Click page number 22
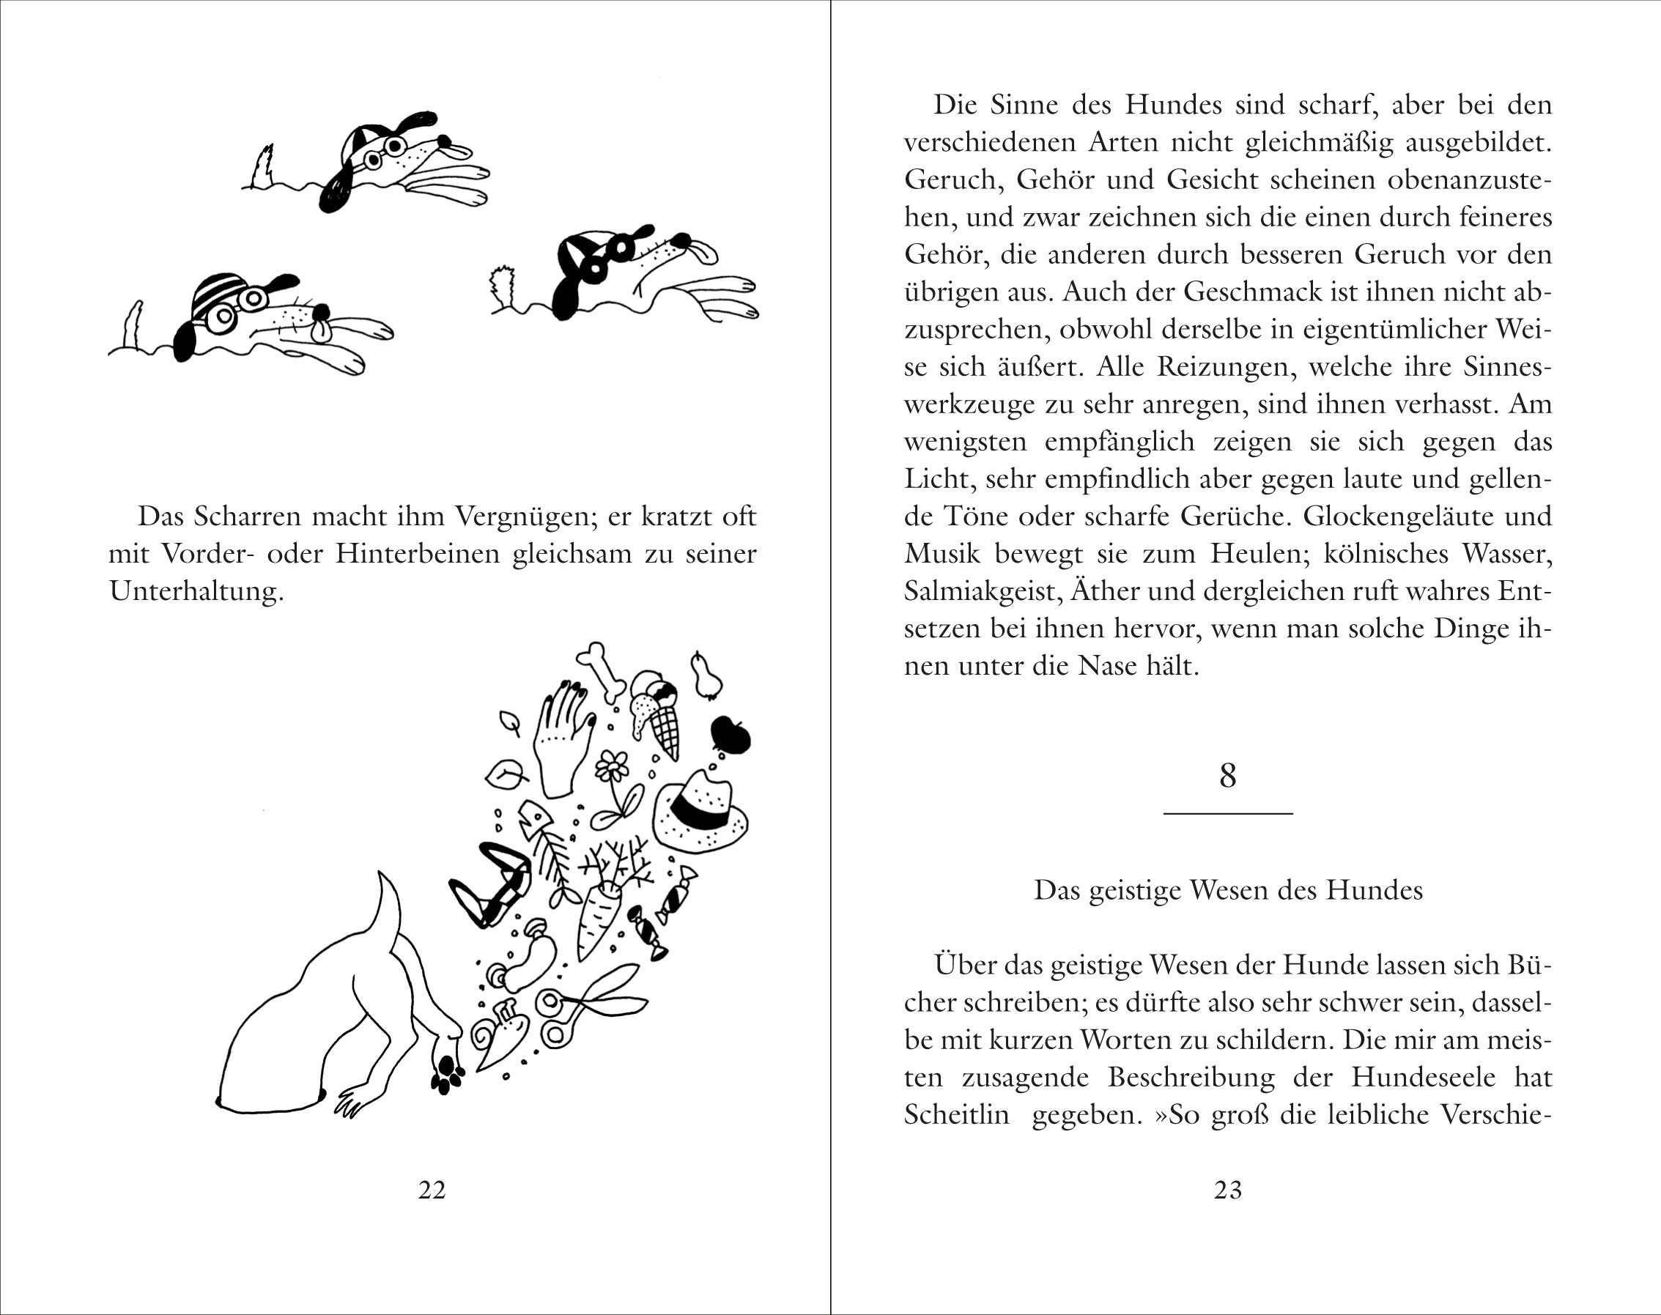click(432, 1190)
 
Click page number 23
click(1228, 1190)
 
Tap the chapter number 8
click(1227, 775)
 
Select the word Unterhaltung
click(196, 591)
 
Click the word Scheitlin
click(956, 1115)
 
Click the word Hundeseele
click(1423, 1077)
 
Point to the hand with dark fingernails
click(562, 739)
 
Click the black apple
click(730, 736)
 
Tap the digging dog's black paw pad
click(446, 1072)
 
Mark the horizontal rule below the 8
click(1227, 813)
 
